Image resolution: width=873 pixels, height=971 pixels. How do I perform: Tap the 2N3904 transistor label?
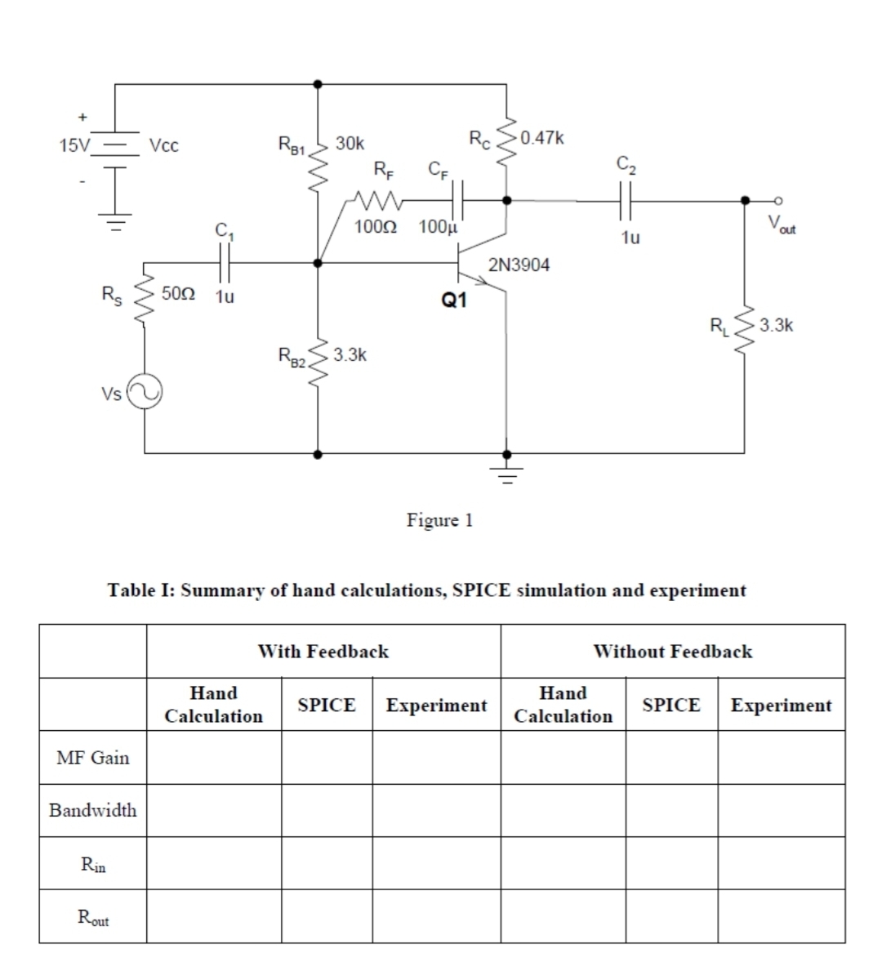pos(519,265)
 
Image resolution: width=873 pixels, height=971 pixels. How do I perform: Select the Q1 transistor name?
pos(453,301)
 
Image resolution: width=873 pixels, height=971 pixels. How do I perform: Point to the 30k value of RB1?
pos(350,144)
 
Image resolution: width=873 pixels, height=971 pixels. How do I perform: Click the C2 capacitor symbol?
pos(626,200)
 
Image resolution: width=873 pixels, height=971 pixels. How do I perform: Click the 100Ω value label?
pos(376,226)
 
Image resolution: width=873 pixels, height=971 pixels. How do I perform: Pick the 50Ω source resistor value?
pos(177,292)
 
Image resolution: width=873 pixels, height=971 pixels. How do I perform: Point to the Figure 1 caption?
pos(440,519)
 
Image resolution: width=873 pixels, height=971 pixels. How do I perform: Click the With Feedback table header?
pos(323,651)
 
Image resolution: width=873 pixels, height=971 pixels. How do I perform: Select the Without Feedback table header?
pos(672,651)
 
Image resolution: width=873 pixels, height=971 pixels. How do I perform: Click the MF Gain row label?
pos(92,757)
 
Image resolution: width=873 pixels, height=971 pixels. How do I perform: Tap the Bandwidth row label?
pos(92,810)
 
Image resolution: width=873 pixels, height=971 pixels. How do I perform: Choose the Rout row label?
pos(92,916)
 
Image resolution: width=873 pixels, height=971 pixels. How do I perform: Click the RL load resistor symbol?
pos(744,327)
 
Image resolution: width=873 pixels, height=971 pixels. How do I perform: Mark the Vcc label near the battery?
pos(164,145)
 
